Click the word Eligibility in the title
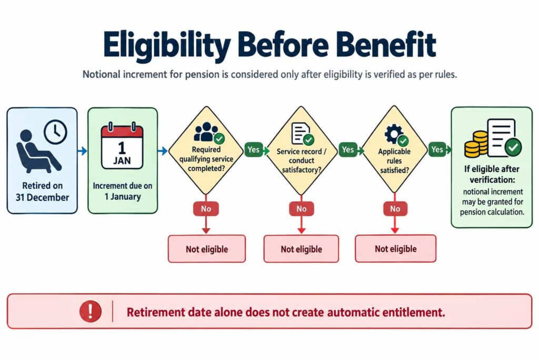167,46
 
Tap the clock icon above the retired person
55,132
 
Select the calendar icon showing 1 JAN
122,146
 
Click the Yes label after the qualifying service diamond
254,150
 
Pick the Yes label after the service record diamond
348,150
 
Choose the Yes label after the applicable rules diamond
437,149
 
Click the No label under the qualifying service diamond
206,209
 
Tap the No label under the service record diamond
302,209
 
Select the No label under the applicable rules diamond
395,209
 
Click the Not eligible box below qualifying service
206,249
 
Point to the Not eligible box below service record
301,249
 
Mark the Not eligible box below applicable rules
396,248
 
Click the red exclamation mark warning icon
91,311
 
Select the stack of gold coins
476,144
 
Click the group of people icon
206,132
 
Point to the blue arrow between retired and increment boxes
83,151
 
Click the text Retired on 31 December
42,191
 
